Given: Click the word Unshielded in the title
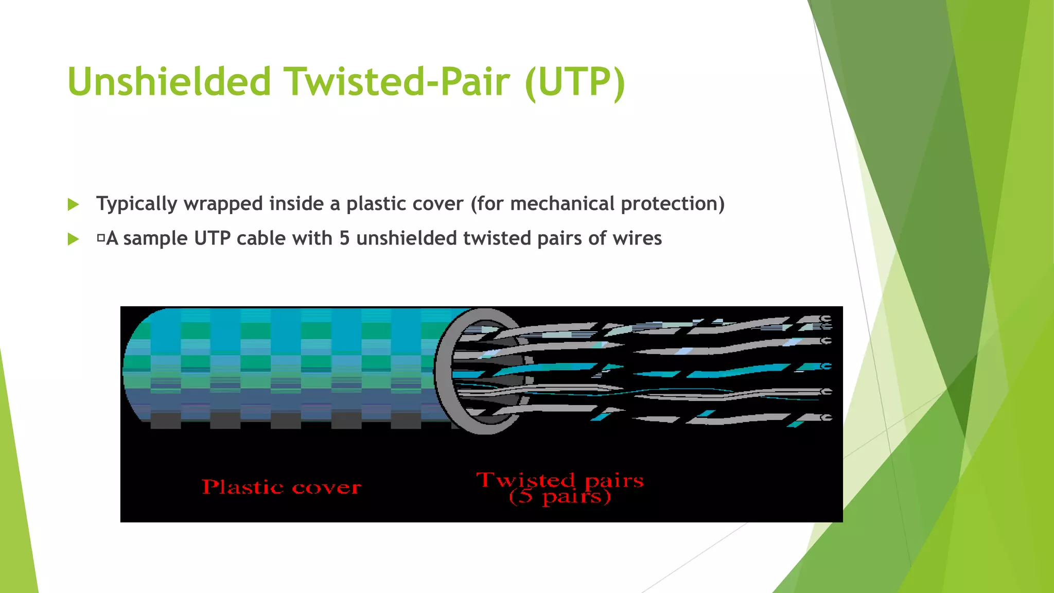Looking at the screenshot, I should point(169,81).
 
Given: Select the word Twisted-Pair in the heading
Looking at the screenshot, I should point(398,81).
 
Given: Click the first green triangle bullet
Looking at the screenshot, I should point(74,205).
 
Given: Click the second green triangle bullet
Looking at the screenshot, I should point(74,239).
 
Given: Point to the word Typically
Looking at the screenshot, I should point(137,204).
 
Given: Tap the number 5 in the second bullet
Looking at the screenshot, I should point(344,238).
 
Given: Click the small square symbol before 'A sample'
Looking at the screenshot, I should point(101,238).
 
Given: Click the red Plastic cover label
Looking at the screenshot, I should point(281,487).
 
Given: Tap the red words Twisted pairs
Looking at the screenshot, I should point(560,480).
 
